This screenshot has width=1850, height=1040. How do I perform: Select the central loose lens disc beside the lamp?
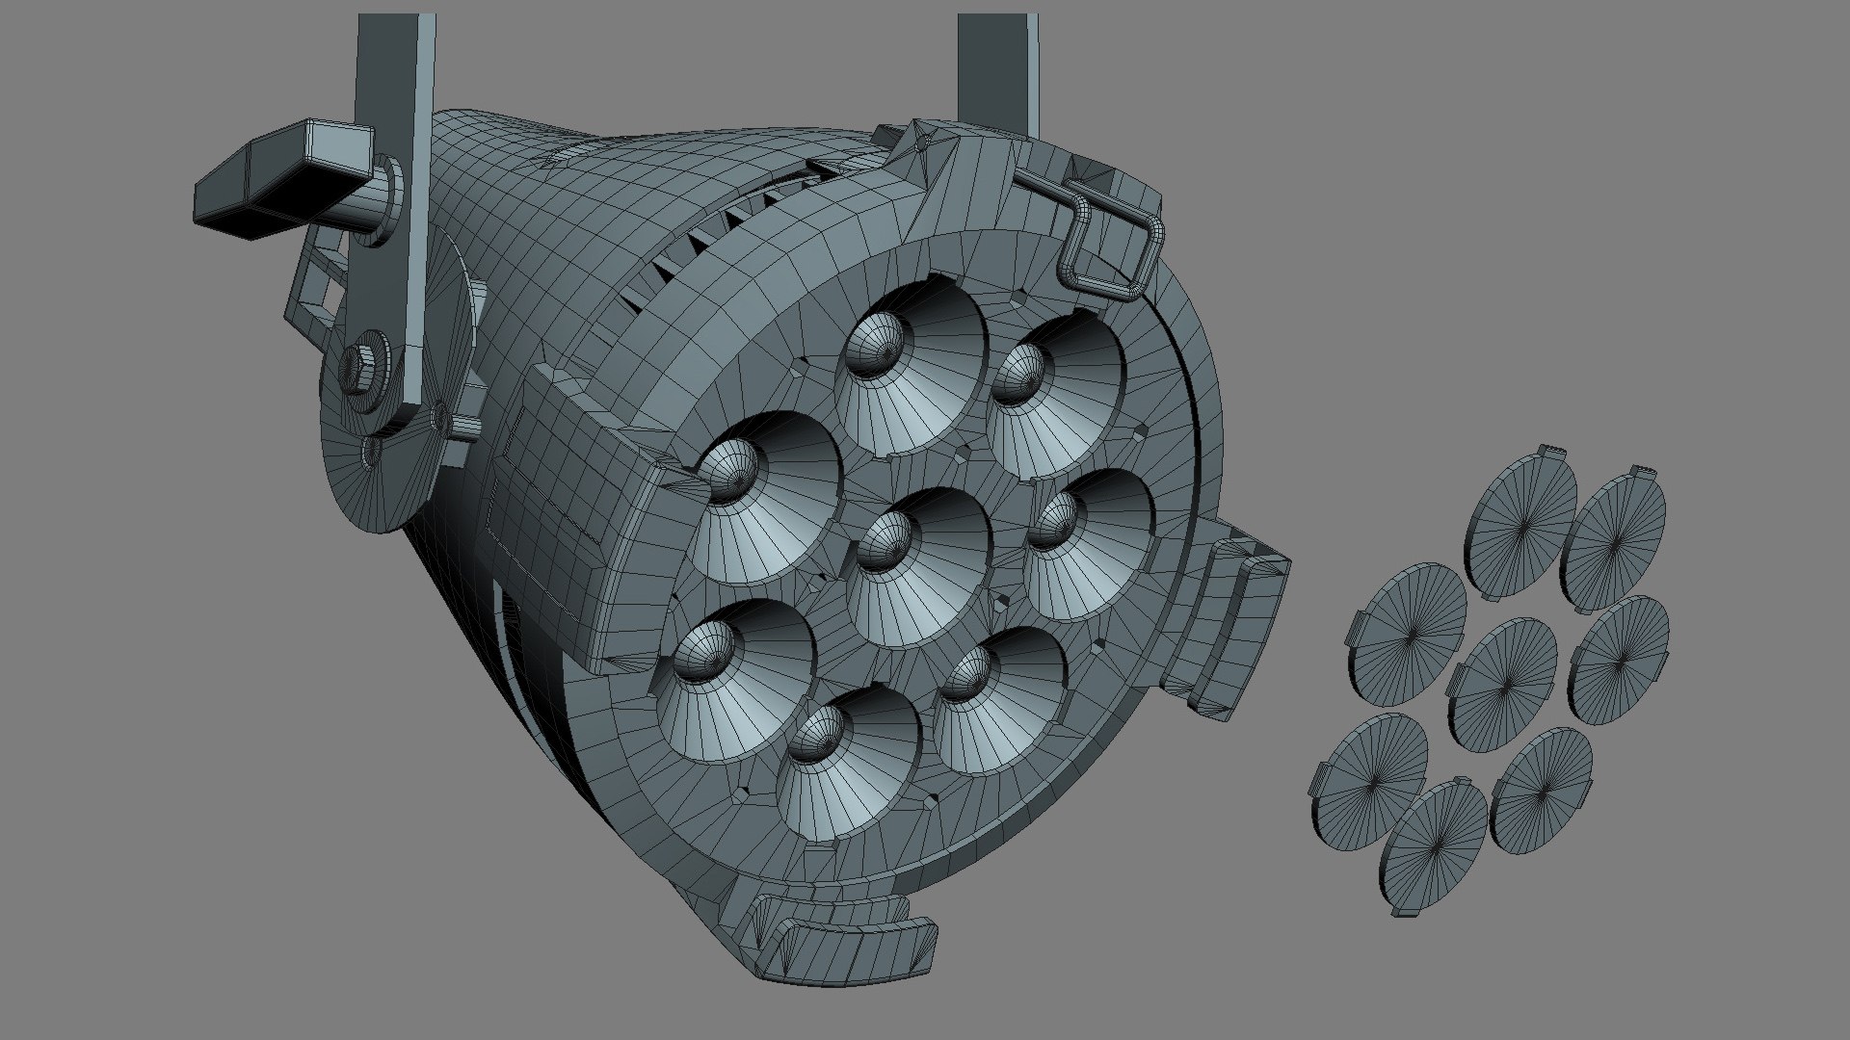pyautogui.click(x=1503, y=684)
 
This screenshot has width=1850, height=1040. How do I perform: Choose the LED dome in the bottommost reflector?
pyautogui.click(x=819, y=737)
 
